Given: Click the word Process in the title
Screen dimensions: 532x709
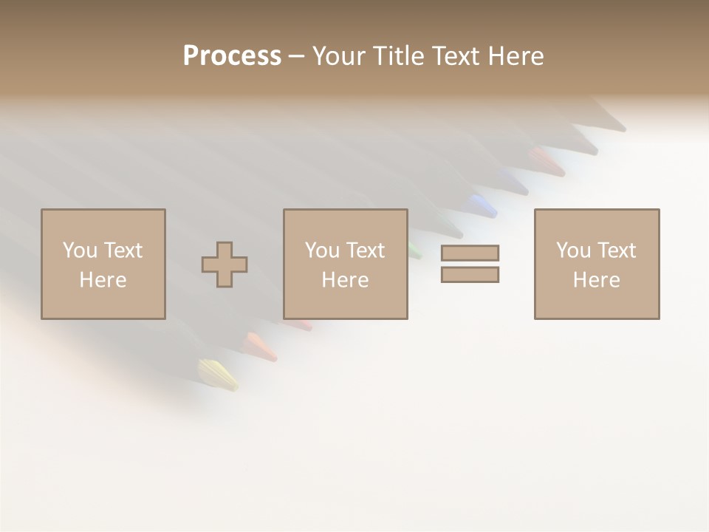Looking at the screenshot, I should coord(232,55).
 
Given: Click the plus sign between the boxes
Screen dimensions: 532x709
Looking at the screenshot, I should coord(225,264).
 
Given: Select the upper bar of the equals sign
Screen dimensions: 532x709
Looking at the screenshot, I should coord(470,253).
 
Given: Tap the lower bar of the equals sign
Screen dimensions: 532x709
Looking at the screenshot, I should coord(470,274).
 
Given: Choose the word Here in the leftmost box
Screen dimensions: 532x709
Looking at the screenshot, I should coord(103,280).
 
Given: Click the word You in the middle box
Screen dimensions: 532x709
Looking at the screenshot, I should coord(322,250).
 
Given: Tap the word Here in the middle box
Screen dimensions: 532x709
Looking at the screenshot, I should coord(345,280).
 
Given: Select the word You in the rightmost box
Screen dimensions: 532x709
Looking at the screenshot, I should coord(573,250).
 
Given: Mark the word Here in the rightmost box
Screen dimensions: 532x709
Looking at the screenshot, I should coord(596,280).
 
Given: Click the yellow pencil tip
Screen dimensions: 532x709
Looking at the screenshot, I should coord(218,374).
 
